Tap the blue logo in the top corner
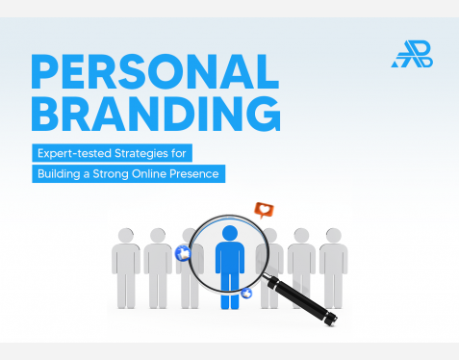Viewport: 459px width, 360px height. pos(411,54)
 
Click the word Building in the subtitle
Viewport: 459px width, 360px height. pos(61,174)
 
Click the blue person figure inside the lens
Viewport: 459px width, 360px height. pos(230,265)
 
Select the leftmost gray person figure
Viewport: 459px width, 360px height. pos(126,270)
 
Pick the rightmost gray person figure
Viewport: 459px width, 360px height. pos(334,270)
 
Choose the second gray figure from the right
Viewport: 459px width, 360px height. pos(301,270)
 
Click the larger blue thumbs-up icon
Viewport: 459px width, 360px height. pos(184,253)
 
